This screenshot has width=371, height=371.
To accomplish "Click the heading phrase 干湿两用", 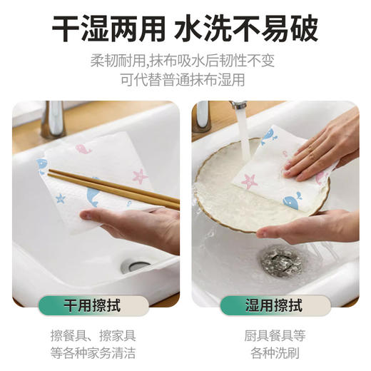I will tap(106, 29).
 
